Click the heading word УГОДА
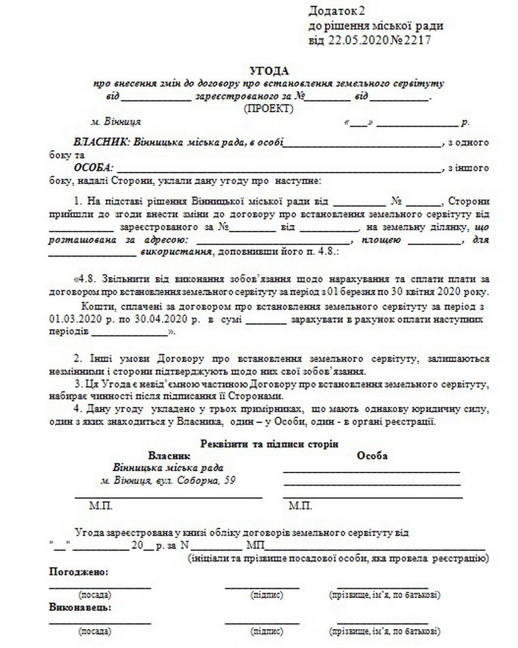(268, 71)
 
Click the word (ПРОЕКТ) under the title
(268, 109)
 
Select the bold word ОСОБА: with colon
(93, 168)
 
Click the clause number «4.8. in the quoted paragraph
(85, 280)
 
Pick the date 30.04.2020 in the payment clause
(148, 319)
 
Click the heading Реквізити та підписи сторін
(269, 444)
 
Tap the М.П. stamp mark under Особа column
(300, 506)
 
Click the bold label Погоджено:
(78, 572)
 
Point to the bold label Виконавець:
(79, 608)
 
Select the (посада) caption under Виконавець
(94, 631)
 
